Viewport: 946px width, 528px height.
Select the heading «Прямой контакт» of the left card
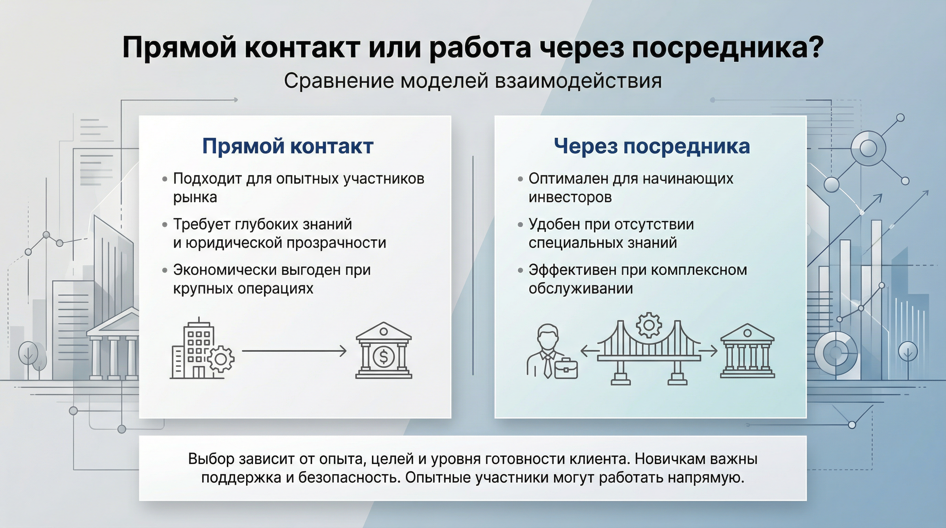[288, 146]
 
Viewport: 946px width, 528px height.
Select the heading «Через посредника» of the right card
[652, 146]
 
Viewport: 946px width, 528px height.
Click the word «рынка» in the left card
[195, 198]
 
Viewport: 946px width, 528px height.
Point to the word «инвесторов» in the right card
[570, 198]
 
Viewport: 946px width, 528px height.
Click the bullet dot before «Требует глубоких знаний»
[165, 225]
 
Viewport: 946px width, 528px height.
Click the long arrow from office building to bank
[294, 351]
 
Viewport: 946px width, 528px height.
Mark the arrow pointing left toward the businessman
[589, 351]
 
